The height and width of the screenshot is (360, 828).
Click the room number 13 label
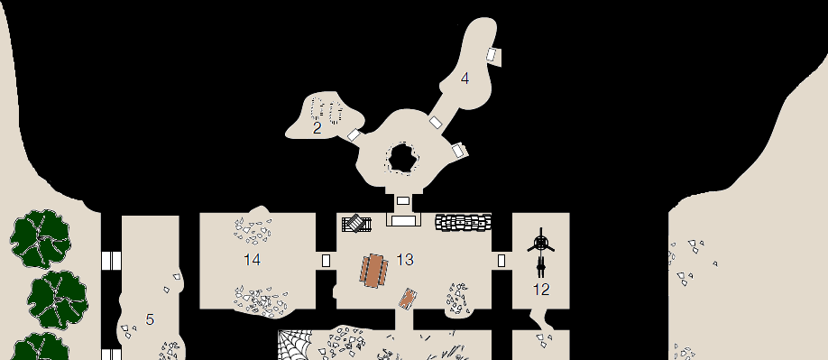[405, 260]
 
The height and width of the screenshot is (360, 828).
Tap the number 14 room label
[252, 260]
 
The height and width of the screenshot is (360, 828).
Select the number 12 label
[541, 290]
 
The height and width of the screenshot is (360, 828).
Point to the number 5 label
[150, 319]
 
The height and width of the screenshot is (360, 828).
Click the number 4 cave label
[465, 78]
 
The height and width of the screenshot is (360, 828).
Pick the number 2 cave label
[317, 128]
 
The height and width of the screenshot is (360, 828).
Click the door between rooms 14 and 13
[326, 260]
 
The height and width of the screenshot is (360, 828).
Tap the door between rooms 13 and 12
[501, 260]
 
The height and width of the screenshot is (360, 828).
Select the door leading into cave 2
[354, 135]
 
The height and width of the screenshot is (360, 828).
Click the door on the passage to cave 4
[435, 122]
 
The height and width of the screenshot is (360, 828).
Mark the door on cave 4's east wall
[492, 54]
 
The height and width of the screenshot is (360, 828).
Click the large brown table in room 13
[374, 271]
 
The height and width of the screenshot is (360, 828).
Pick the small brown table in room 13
[407, 299]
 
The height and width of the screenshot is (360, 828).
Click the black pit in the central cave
[402, 157]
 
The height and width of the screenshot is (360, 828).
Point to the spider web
[295, 345]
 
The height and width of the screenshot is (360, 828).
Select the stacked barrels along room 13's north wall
[464, 222]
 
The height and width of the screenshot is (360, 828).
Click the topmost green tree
[41, 239]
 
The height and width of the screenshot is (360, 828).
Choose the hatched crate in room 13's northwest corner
[356, 223]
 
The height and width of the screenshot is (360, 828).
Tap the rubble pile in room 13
[456, 299]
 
